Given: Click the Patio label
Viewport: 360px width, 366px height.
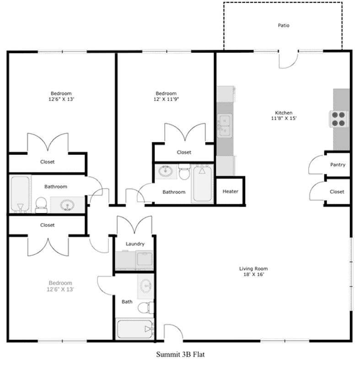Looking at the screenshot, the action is tap(284, 26).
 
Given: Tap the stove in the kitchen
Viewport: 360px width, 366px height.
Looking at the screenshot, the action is tap(339, 119).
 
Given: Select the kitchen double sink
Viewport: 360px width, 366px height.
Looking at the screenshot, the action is tap(225, 125).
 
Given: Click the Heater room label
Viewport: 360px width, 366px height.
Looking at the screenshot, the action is tap(230, 191).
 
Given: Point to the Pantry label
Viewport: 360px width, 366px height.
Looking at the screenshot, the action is tap(338, 165).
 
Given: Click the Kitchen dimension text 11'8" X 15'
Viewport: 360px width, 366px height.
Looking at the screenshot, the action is tap(284, 118).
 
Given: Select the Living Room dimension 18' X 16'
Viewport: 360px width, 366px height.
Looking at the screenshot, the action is tap(253, 274).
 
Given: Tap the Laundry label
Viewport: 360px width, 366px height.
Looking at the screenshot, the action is tap(135, 244).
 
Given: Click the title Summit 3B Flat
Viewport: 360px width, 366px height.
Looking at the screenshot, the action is tap(180, 354).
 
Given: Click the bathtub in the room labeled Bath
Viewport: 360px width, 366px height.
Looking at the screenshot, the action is tap(135, 329).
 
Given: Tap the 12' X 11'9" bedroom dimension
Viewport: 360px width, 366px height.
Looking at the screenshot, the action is tap(166, 99).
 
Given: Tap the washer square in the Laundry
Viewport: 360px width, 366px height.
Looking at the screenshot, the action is tap(145, 260).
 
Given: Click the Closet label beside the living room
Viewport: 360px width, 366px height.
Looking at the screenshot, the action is tap(337, 192).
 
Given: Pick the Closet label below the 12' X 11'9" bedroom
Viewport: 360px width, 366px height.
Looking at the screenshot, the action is tap(184, 152).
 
